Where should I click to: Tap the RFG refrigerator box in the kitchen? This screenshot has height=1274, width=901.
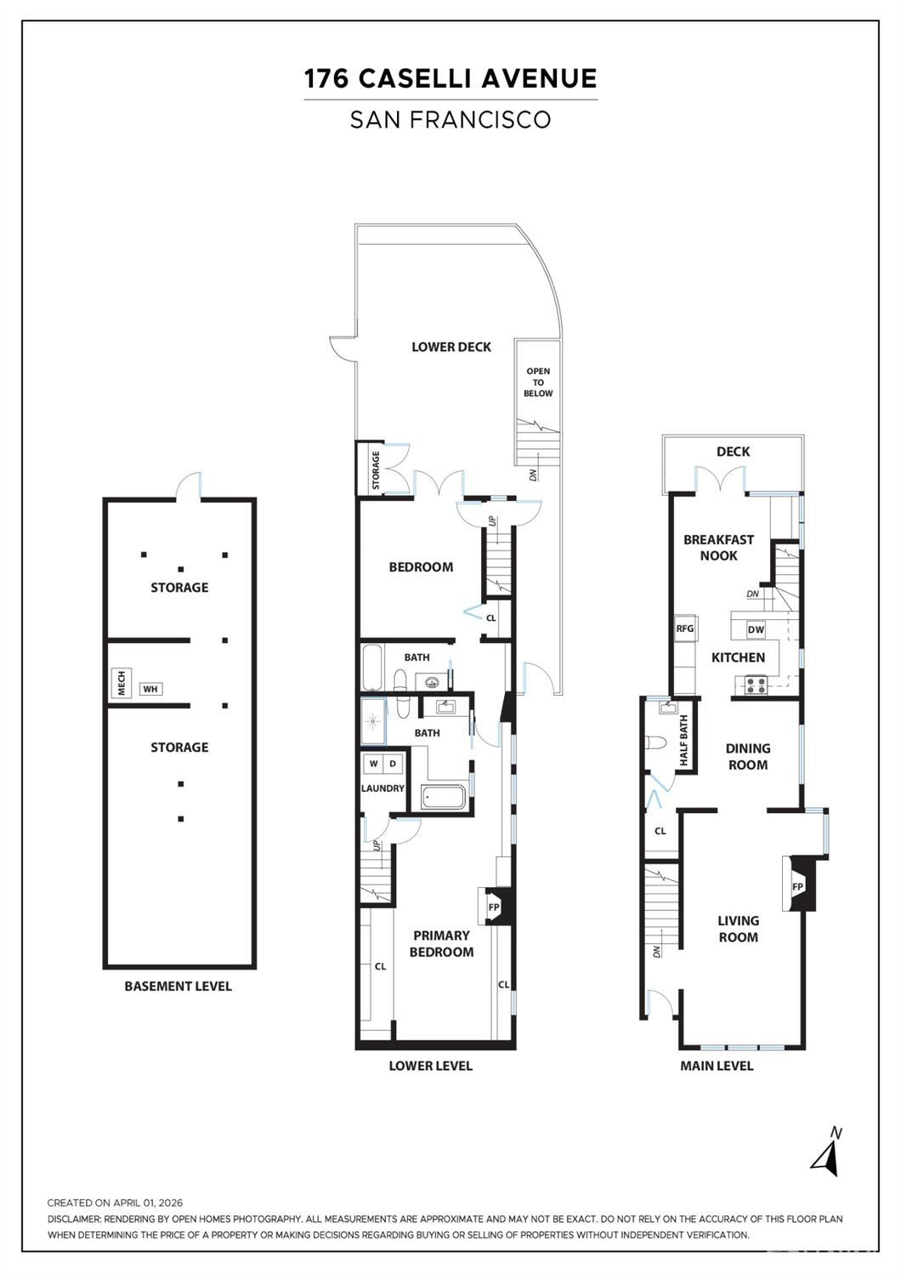tap(685, 628)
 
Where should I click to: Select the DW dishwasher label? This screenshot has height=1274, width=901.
tap(756, 629)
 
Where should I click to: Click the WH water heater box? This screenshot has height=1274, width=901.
tap(150, 690)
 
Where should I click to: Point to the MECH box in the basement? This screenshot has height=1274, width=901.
tap(122, 682)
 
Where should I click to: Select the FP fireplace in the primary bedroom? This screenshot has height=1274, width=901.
tap(493, 907)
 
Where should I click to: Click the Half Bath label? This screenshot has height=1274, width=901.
tap(684, 740)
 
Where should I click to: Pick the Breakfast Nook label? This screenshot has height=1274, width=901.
tap(718, 548)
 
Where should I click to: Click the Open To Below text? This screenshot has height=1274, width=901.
tap(538, 382)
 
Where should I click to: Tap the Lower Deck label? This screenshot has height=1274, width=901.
tap(451, 347)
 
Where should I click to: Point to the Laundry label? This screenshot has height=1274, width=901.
tap(382, 788)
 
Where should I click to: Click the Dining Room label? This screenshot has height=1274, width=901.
tap(747, 756)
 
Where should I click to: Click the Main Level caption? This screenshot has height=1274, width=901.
tap(717, 1066)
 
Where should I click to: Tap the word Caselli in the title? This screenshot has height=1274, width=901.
tap(416, 78)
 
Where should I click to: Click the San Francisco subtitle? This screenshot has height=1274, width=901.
tap(450, 119)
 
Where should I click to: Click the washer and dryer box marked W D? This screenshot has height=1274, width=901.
tap(383, 764)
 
